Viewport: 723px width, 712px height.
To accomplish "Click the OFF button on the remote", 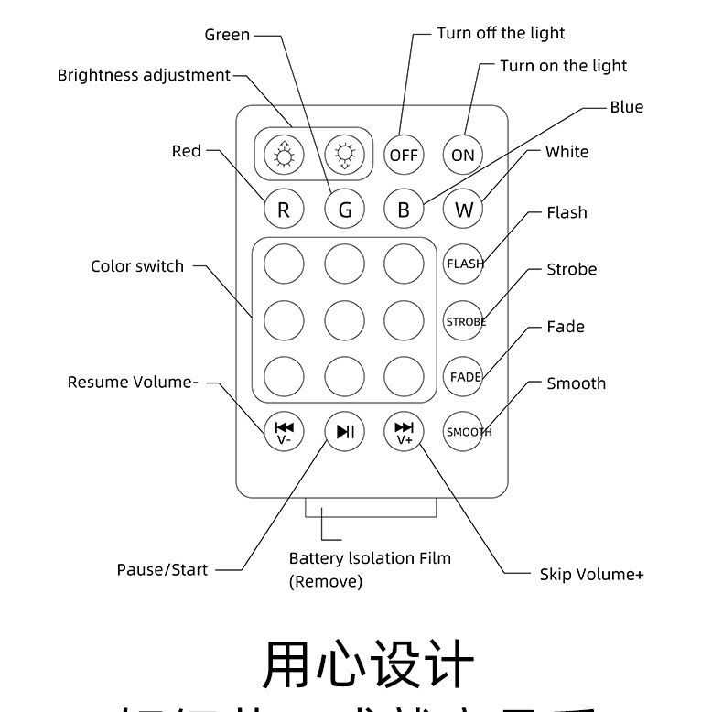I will click(404, 155).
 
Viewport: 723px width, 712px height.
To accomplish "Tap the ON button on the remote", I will click(463, 155).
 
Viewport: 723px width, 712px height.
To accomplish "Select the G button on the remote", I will click(345, 210).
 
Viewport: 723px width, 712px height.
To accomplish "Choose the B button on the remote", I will click(404, 210).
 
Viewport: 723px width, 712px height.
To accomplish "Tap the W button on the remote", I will click(463, 210).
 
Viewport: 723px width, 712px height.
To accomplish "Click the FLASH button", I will click(464, 264).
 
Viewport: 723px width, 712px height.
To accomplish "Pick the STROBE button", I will click(464, 321).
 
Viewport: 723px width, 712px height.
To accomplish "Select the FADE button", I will click(464, 376).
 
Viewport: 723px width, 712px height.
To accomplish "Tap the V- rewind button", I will click(284, 431).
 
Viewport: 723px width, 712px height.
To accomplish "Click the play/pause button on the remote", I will click(345, 431).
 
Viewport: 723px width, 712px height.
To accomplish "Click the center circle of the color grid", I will click(345, 320).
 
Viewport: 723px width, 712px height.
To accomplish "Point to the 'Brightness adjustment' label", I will click(144, 75).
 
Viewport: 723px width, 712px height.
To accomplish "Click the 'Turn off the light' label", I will click(501, 33).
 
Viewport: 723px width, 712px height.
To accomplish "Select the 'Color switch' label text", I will click(137, 266).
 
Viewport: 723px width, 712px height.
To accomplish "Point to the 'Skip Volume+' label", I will click(591, 574).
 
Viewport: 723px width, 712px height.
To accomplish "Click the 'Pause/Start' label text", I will click(162, 569).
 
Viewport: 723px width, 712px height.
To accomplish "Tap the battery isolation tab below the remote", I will click(370, 508).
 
